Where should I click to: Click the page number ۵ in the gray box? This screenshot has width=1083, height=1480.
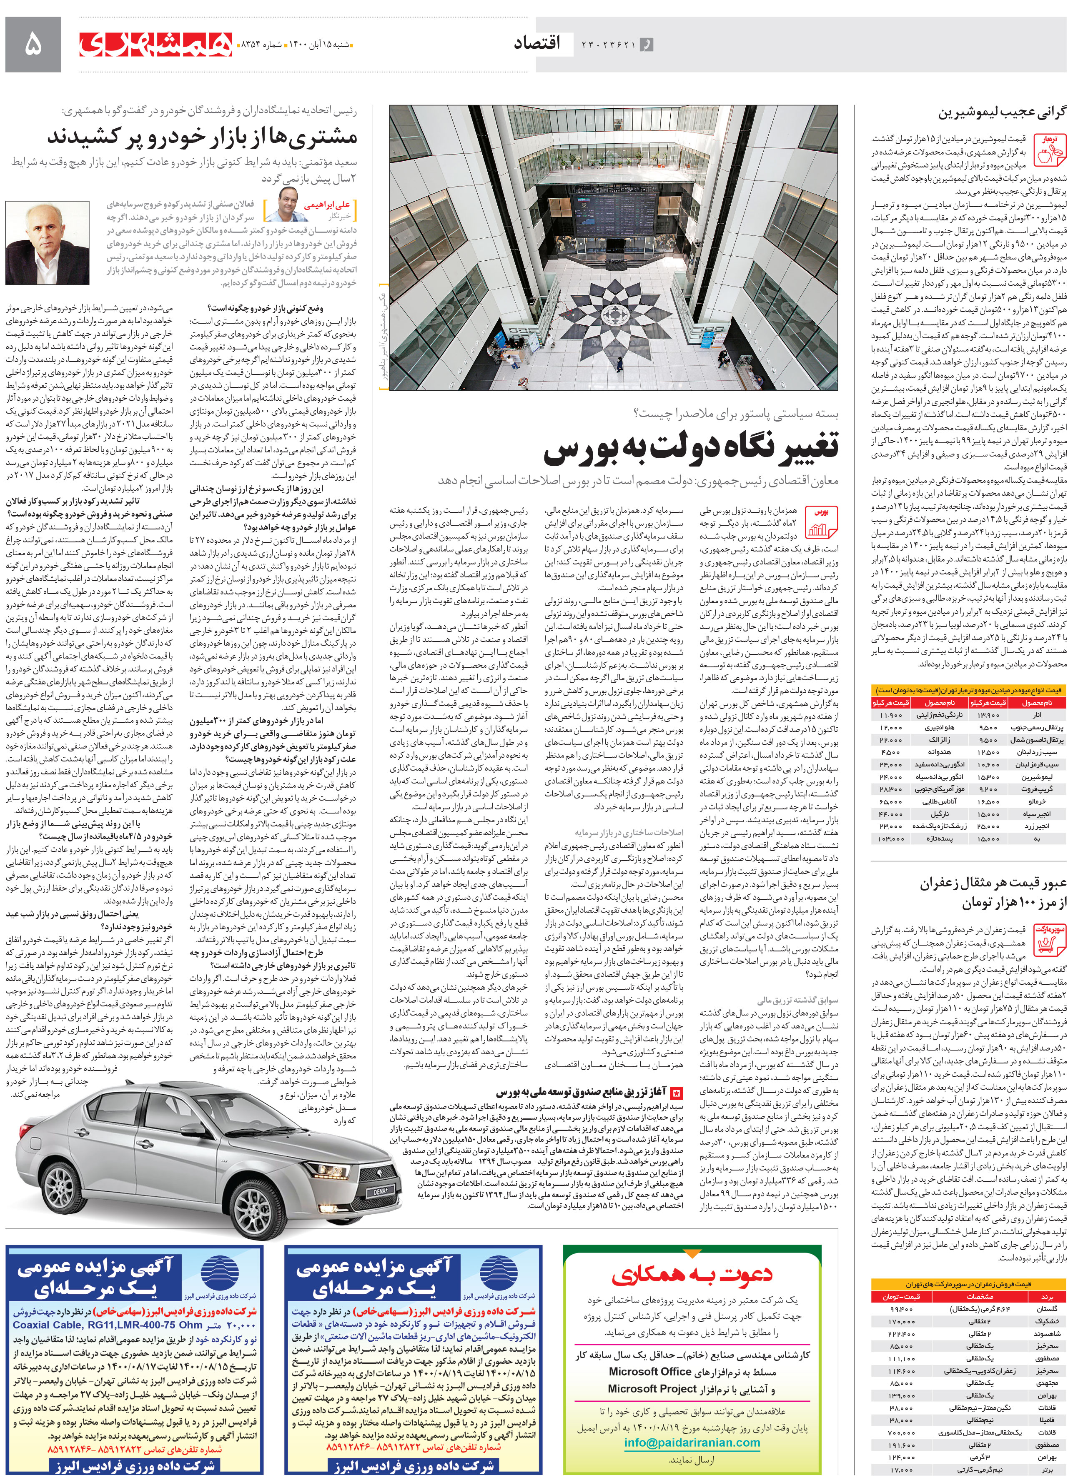[33, 45]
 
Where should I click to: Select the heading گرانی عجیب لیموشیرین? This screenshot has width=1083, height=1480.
[1002, 113]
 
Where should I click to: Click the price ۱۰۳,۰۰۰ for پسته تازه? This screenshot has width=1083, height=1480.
[890, 839]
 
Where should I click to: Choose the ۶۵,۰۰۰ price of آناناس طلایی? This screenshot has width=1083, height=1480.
[890, 801]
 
